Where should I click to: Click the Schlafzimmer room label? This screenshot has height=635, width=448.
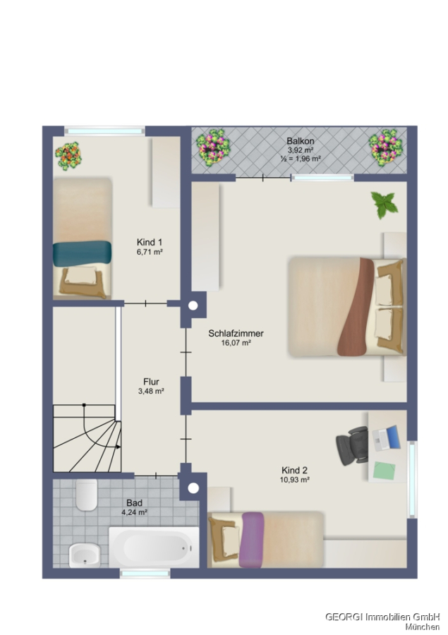(236, 333)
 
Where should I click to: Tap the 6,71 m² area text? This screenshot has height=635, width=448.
(150, 252)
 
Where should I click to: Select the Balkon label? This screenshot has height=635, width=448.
(300, 141)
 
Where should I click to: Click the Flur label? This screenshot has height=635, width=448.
(151, 382)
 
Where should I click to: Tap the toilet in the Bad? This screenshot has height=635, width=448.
(86, 495)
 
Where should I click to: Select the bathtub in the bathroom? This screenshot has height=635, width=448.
(154, 547)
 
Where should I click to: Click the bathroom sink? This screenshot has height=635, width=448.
(84, 555)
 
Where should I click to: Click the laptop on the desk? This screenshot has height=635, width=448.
(386, 438)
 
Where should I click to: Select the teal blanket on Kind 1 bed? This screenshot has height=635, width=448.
(82, 253)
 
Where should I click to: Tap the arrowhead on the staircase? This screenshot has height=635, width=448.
(119, 447)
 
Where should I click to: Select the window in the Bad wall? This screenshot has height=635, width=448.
(145, 573)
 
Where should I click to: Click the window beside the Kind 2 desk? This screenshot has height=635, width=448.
(412, 480)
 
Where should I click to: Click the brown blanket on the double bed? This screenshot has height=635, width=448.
(356, 307)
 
